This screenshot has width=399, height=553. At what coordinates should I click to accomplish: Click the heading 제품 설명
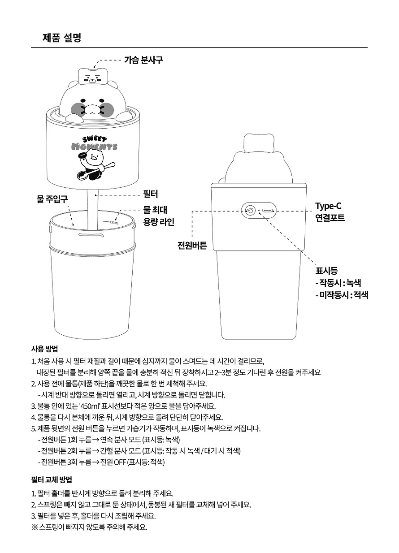point(62,38)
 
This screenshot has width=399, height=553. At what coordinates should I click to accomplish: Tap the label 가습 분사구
point(143,60)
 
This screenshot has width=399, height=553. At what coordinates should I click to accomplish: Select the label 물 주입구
point(52,199)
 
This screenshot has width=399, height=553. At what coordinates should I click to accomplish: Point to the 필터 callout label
point(151,194)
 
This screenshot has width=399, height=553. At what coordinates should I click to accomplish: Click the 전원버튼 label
point(192,246)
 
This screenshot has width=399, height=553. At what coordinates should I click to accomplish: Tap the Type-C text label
point(328,206)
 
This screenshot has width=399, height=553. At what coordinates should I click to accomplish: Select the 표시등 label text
point(326,271)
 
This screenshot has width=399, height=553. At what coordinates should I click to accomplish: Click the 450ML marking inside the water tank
point(114,223)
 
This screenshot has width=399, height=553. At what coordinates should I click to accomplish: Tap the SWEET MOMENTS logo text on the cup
point(94,144)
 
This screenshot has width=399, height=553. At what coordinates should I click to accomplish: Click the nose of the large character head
point(91,108)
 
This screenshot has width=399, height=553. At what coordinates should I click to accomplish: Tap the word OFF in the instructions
point(120,462)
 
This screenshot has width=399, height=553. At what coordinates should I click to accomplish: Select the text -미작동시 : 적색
point(342,295)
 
